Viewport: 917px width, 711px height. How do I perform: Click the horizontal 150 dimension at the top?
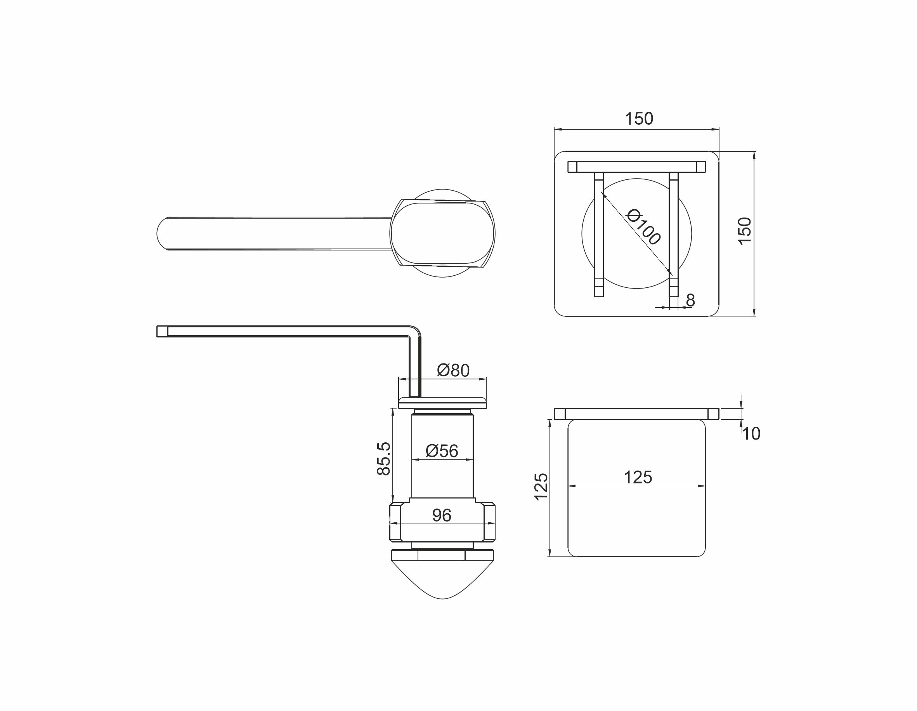(x=639, y=119)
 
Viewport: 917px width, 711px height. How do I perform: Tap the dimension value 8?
(x=690, y=300)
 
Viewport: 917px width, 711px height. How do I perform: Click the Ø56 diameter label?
(x=442, y=451)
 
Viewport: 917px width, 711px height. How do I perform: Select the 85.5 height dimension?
(x=384, y=459)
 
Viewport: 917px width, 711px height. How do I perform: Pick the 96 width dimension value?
(x=442, y=516)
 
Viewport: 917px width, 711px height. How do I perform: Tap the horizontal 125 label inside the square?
(x=638, y=478)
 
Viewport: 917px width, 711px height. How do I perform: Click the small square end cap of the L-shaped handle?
(x=162, y=332)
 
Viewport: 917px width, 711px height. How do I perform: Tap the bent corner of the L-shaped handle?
(x=414, y=332)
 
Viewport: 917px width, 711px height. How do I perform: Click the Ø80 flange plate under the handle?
(x=442, y=403)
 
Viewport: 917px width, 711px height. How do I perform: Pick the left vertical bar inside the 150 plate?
(x=599, y=235)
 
